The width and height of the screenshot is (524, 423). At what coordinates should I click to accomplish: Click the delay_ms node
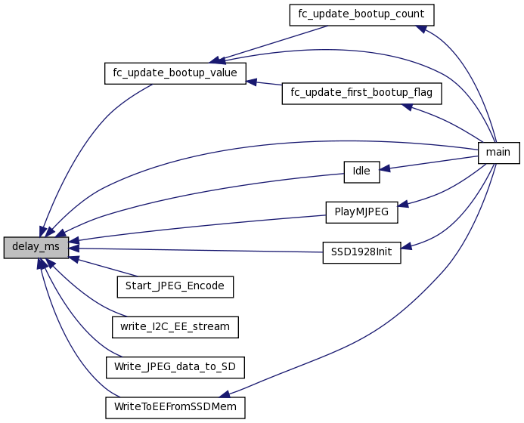[x=36, y=247]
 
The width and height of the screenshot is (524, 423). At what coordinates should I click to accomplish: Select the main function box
[x=498, y=152]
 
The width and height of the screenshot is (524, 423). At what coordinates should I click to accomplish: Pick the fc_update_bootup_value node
[x=175, y=73]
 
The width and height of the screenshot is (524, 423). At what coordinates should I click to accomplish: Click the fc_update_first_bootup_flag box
[x=361, y=93]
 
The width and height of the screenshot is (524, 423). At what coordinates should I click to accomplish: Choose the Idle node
[x=361, y=171]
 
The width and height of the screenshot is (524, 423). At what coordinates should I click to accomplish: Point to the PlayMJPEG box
[x=361, y=211]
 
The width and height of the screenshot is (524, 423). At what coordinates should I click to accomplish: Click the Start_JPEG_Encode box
[x=175, y=286]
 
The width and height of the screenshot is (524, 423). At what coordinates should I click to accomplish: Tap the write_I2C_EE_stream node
[x=175, y=326]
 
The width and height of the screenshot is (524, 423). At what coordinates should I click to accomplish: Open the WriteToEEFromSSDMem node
[x=175, y=406]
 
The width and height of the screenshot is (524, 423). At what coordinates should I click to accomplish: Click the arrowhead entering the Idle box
[x=385, y=168]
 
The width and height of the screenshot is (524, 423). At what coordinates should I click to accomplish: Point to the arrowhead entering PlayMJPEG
[x=403, y=204]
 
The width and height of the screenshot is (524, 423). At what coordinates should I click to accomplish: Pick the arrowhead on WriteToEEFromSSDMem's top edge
[x=224, y=394]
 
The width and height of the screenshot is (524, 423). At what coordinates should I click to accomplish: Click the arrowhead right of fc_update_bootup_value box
[x=252, y=79]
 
